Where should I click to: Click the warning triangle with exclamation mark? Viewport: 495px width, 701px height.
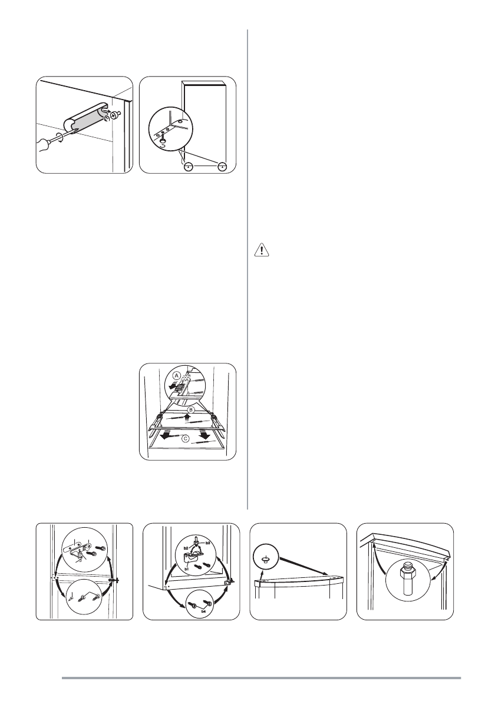262,250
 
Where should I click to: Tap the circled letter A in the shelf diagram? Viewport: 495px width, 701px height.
177,375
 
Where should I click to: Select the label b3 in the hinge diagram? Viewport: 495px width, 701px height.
208,543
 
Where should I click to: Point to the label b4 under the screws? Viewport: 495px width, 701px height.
203,610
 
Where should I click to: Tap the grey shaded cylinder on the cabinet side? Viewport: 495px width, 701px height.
85,121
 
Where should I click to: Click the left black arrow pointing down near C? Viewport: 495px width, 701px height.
166,435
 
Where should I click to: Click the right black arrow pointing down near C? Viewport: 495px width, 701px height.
205,434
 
